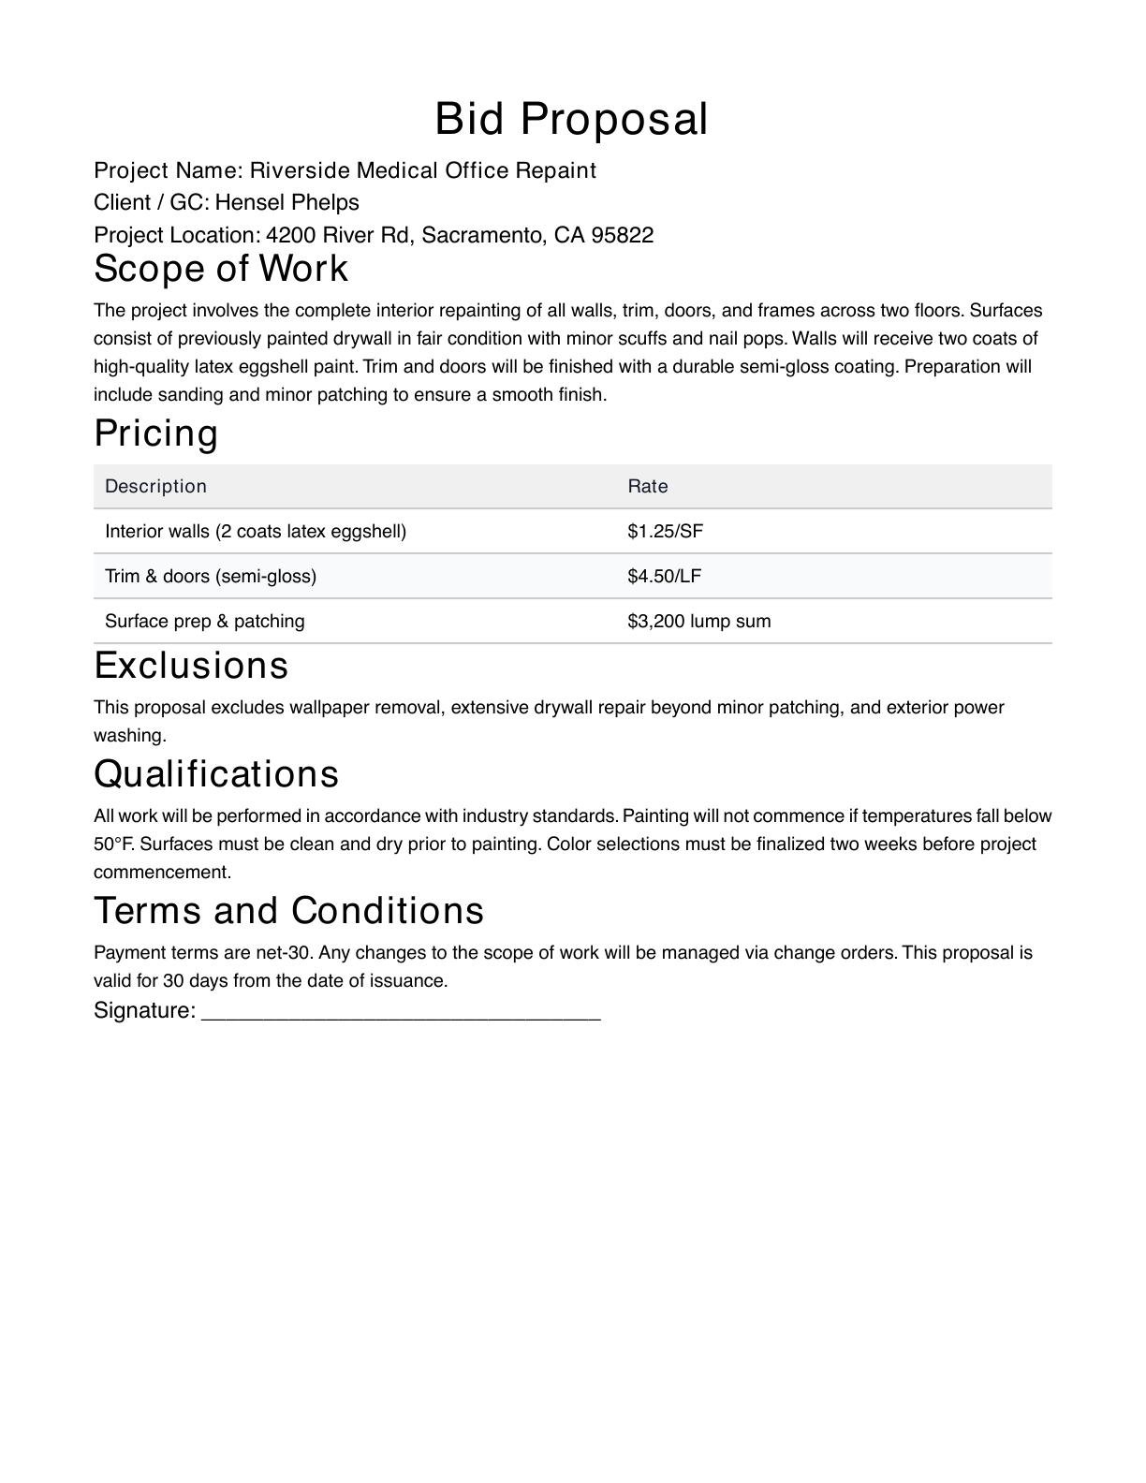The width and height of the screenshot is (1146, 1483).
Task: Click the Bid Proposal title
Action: (571, 120)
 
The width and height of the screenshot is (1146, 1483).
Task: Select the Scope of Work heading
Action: (221, 269)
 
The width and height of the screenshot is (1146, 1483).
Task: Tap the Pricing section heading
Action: (155, 433)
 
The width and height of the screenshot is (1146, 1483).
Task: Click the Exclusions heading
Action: (191, 666)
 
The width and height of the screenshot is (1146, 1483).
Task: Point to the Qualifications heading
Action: (216, 774)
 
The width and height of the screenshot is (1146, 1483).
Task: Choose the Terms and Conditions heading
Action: (288, 911)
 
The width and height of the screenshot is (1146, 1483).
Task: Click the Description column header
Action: (155, 486)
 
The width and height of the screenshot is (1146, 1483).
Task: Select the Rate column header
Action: (648, 486)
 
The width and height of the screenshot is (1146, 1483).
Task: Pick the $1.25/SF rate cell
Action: (665, 532)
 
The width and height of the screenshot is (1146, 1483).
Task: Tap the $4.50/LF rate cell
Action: (664, 576)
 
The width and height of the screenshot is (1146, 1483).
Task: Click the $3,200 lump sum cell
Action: (699, 622)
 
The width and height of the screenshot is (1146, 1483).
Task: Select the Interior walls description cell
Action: (256, 532)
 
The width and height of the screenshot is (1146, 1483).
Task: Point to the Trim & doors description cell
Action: (211, 576)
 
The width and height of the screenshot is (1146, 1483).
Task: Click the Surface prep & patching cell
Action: (204, 622)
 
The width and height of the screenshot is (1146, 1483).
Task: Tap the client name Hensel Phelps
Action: (286, 202)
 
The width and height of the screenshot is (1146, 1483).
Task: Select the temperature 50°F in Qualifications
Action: (112, 844)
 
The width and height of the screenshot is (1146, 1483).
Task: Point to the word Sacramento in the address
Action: (481, 235)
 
